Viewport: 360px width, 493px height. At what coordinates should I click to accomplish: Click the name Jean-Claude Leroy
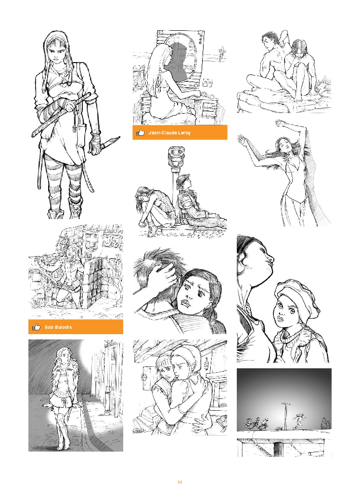(x=169, y=133)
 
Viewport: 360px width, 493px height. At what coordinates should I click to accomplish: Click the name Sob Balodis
(x=58, y=327)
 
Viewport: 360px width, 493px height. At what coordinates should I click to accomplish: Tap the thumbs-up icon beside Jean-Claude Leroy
(x=140, y=132)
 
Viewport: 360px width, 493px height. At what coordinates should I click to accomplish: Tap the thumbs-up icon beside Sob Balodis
(x=37, y=327)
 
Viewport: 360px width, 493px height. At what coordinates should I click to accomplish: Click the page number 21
(x=180, y=482)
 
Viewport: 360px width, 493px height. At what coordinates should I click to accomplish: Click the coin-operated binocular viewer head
(x=176, y=155)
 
